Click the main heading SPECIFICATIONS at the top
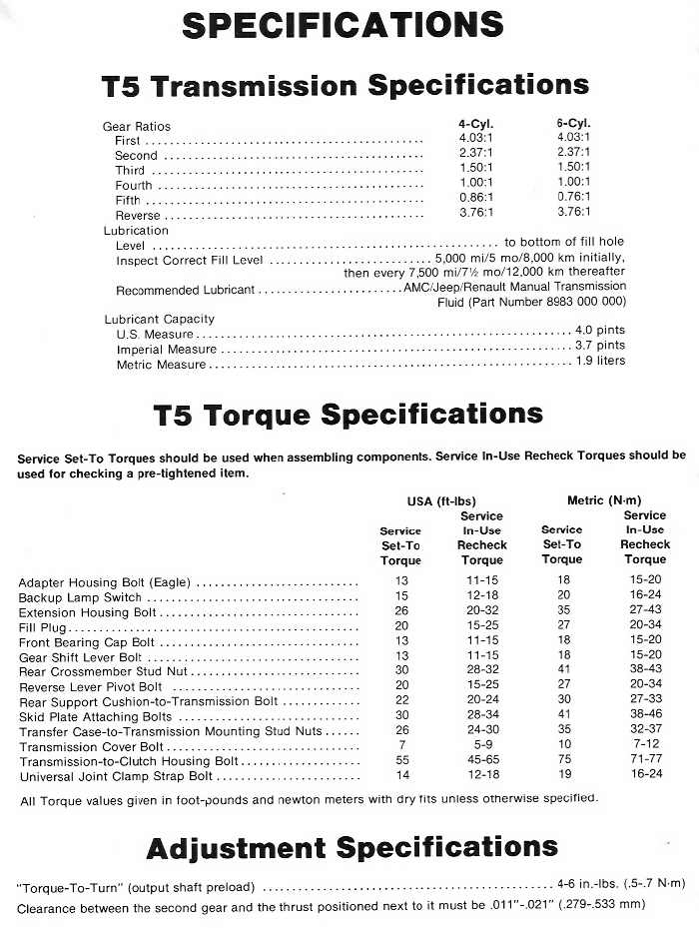point(342,25)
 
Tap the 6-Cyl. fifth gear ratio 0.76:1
point(574,197)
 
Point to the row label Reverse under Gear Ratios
point(138,215)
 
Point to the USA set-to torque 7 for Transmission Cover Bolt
point(400,746)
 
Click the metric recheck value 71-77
point(642,761)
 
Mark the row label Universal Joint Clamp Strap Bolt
point(116,776)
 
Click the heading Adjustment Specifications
point(351,849)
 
